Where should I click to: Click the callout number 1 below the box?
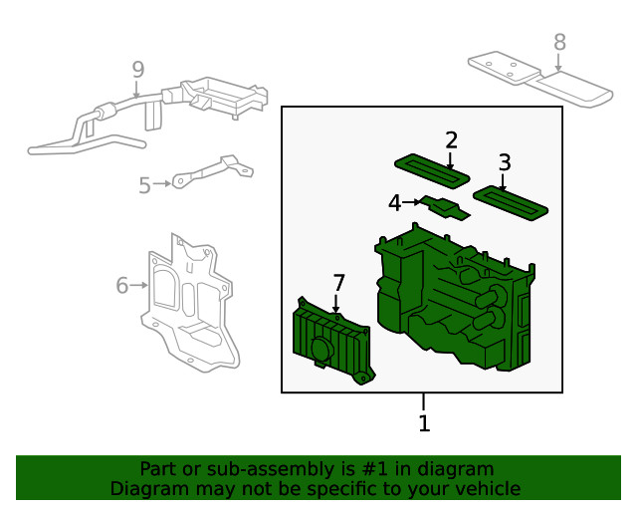(424, 423)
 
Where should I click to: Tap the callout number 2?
(451, 140)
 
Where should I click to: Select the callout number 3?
(505, 162)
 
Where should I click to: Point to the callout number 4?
(395, 203)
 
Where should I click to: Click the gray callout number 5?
(145, 185)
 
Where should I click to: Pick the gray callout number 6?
(122, 286)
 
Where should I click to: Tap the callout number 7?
(338, 283)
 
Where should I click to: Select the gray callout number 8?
(559, 42)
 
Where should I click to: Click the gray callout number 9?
(137, 70)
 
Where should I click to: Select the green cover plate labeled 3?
(511, 201)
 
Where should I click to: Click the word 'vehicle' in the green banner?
(485, 489)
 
